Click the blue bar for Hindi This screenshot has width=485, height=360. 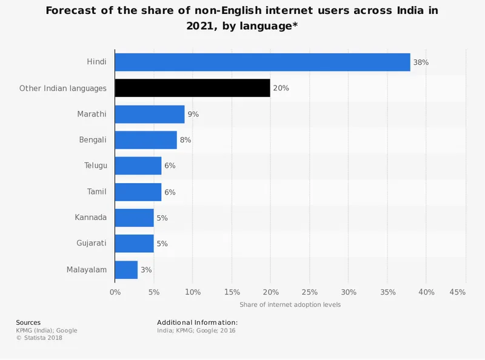click(x=263, y=62)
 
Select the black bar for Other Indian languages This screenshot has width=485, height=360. click(x=192, y=88)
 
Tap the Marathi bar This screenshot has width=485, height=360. click(x=150, y=114)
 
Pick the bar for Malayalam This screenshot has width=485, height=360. click(x=126, y=270)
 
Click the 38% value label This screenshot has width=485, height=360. click(x=421, y=62)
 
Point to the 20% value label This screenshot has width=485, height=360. click(x=281, y=88)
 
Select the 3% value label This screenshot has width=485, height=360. click(x=146, y=270)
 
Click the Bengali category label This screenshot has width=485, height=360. click(x=93, y=140)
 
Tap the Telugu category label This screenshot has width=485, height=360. click(x=95, y=166)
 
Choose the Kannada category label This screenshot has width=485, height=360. click(x=91, y=218)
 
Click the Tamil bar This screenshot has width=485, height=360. click(x=138, y=192)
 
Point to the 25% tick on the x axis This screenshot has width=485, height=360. click(x=309, y=293)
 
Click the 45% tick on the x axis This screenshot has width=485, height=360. click(x=458, y=293)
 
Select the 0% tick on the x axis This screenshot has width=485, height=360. click(x=115, y=293)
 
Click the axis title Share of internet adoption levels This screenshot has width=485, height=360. click(x=290, y=304)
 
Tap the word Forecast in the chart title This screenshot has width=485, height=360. click(x=78, y=11)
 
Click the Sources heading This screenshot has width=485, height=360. click(x=28, y=322)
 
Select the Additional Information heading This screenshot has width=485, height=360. click(x=197, y=322)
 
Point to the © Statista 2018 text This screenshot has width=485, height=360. click(x=39, y=338)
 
